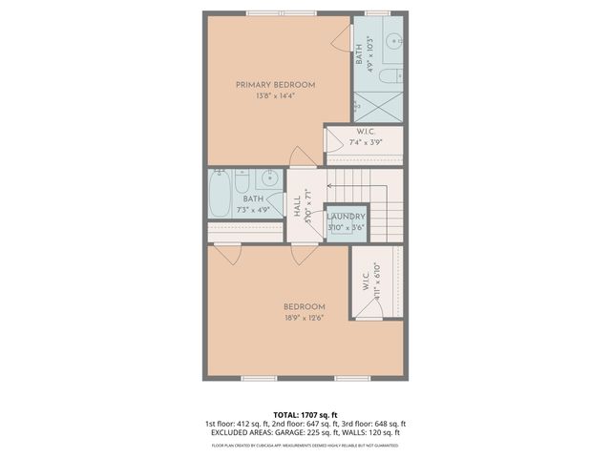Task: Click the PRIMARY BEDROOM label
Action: pyautogui.click(x=275, y=85)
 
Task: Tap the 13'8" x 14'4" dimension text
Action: pyautogui.click(x=275, y=96)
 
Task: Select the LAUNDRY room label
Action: pyautogui.click(x=345, y=217)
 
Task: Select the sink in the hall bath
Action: pyautogui.click(x=270, y=178)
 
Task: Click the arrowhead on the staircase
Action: pyautogui.click(x=330, y=186)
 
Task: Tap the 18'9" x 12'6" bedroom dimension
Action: pyautogui.click(x=304, y=318)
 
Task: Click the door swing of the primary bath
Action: pyautogui.click(x=341, y=39)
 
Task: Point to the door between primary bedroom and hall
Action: pyautogui.click(x=302, y=157)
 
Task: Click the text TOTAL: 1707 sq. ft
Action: pyautogui.click(x=305, y=415)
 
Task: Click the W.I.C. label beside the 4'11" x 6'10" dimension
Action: pyautogui.click(x=366, y=282)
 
